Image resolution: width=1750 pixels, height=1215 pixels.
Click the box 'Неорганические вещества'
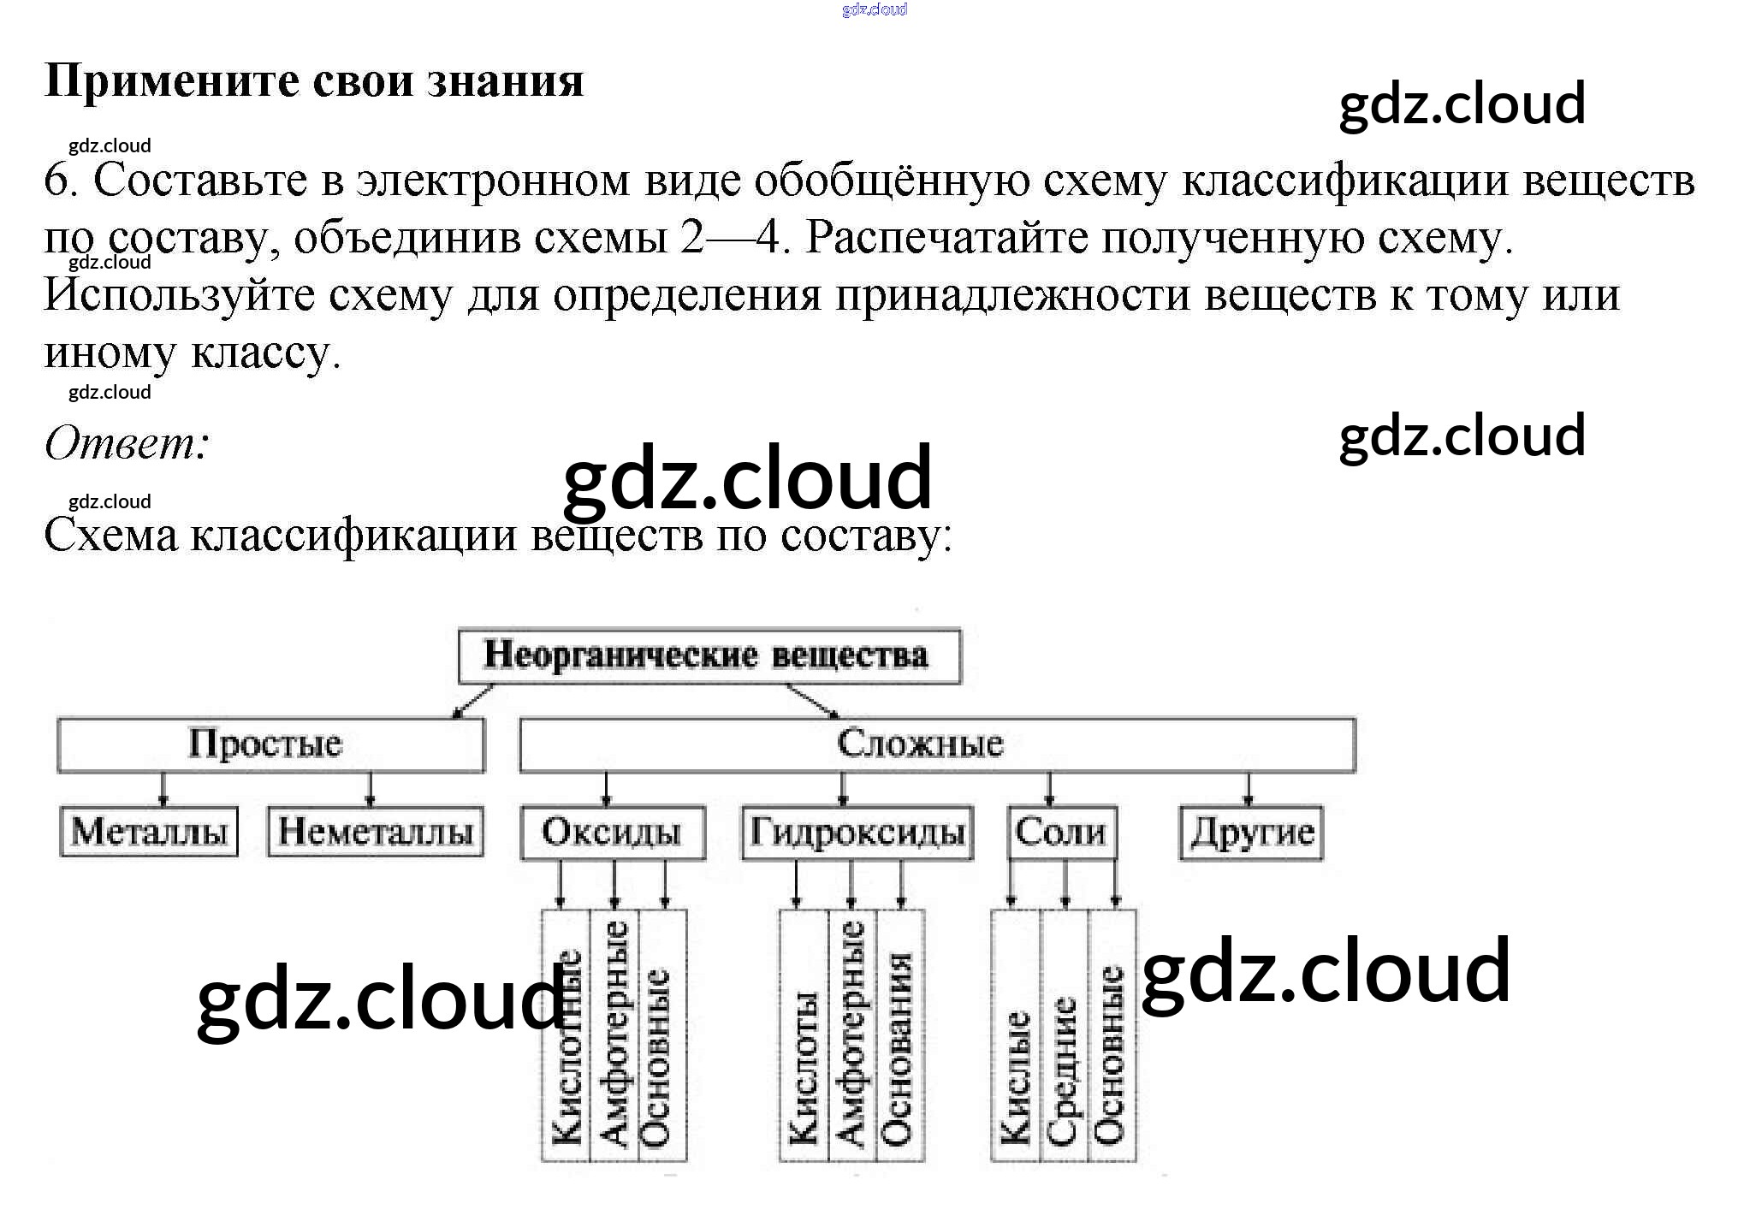(x=709, y=656)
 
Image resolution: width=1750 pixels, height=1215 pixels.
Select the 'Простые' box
(x=270, y=744)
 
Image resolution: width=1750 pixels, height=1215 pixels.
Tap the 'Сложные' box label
(x=920, y=744)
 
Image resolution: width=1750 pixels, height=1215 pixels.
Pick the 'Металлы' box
(x=149, y=832)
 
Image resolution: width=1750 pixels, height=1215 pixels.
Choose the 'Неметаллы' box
(x=376, y=832)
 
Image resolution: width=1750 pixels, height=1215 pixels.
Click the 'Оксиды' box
(x=612, y=832)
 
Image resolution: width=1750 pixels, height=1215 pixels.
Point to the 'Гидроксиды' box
(x=857, y=832)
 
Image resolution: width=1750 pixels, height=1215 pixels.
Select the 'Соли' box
(x=1061, y=832)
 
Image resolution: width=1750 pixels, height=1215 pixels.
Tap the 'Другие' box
(x=1251, y=832)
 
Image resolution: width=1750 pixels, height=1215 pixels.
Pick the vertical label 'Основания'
(x=898, y=1048)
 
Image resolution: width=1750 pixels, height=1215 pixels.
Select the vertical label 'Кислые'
(x=1016, y=1078)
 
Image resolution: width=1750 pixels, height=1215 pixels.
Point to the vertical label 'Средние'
(x=1064, y=1070)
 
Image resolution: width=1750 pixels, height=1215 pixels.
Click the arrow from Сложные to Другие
(x=1248, y=789)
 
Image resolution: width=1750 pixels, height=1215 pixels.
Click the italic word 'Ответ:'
(x=127, y=443)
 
